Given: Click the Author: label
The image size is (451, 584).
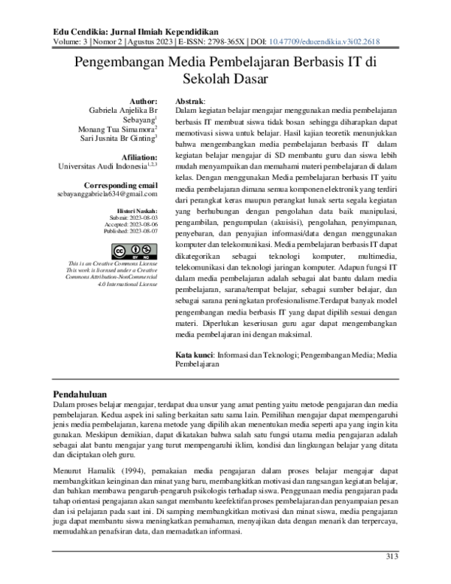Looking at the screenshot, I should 144,101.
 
